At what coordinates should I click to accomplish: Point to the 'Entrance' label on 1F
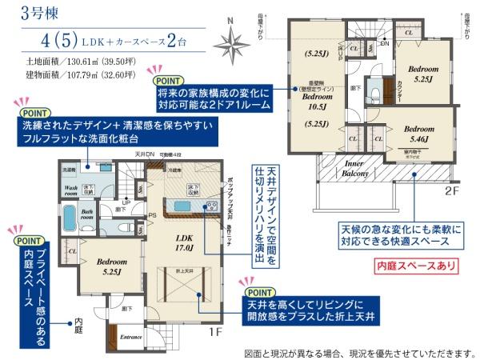(131, 338)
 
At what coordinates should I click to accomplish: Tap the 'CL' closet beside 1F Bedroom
(73, 251)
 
